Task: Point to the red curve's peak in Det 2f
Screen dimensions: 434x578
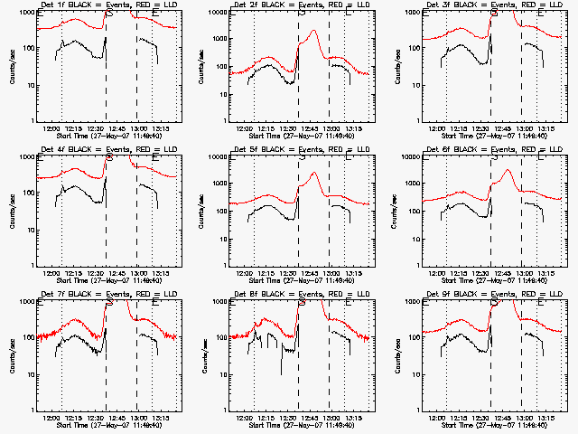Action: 312,32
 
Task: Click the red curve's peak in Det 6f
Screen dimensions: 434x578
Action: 508,170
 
